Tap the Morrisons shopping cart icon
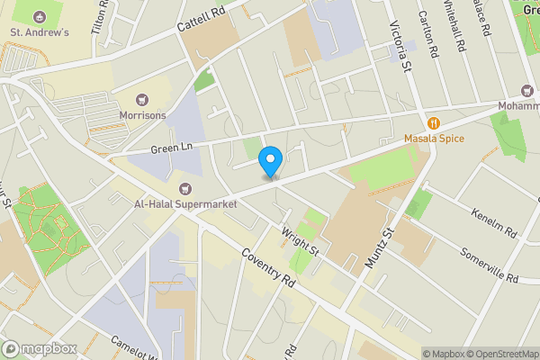coord(140,99)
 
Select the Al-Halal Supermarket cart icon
coord(185,188)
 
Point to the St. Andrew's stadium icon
coord(38,16)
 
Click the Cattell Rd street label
coord(200,18)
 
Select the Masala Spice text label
coord(434,140)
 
